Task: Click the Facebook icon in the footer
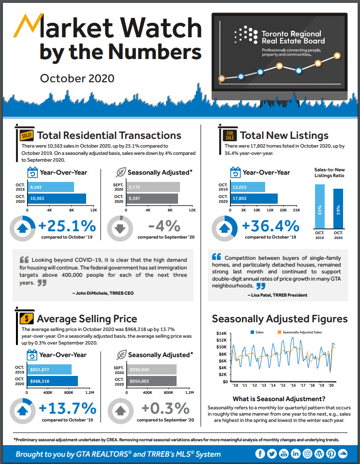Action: pos(260,453)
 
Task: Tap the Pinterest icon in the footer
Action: pos(331,453)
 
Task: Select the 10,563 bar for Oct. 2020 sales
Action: pos(57,198)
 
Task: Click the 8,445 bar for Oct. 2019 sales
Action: pos(51,187)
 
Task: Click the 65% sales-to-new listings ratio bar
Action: pos(320,206)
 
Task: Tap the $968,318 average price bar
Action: pos(53,381)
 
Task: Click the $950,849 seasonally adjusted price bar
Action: pos(152,370)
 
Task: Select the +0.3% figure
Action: pos(165,408)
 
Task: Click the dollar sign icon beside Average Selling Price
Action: pos(26,318)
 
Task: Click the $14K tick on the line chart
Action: pos(222,333)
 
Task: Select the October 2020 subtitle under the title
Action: pos(77,78)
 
